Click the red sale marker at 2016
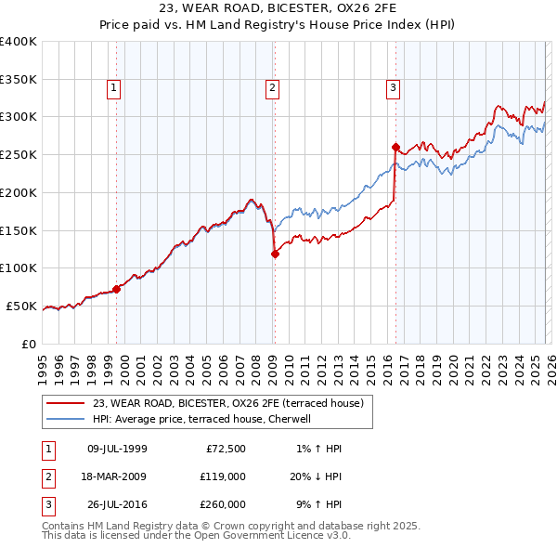(x=395, y=147)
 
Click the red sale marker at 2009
(x=275, y=254)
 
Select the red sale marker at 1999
(x=116, y=289)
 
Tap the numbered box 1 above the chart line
(x=113, y=88)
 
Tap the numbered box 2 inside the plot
(x=272, y=88)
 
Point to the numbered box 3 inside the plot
(x=393, y=88)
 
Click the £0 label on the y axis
(x=28, y=344)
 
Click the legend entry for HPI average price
(x=205, y=419)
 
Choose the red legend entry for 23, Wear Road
(x=233, y=402)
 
